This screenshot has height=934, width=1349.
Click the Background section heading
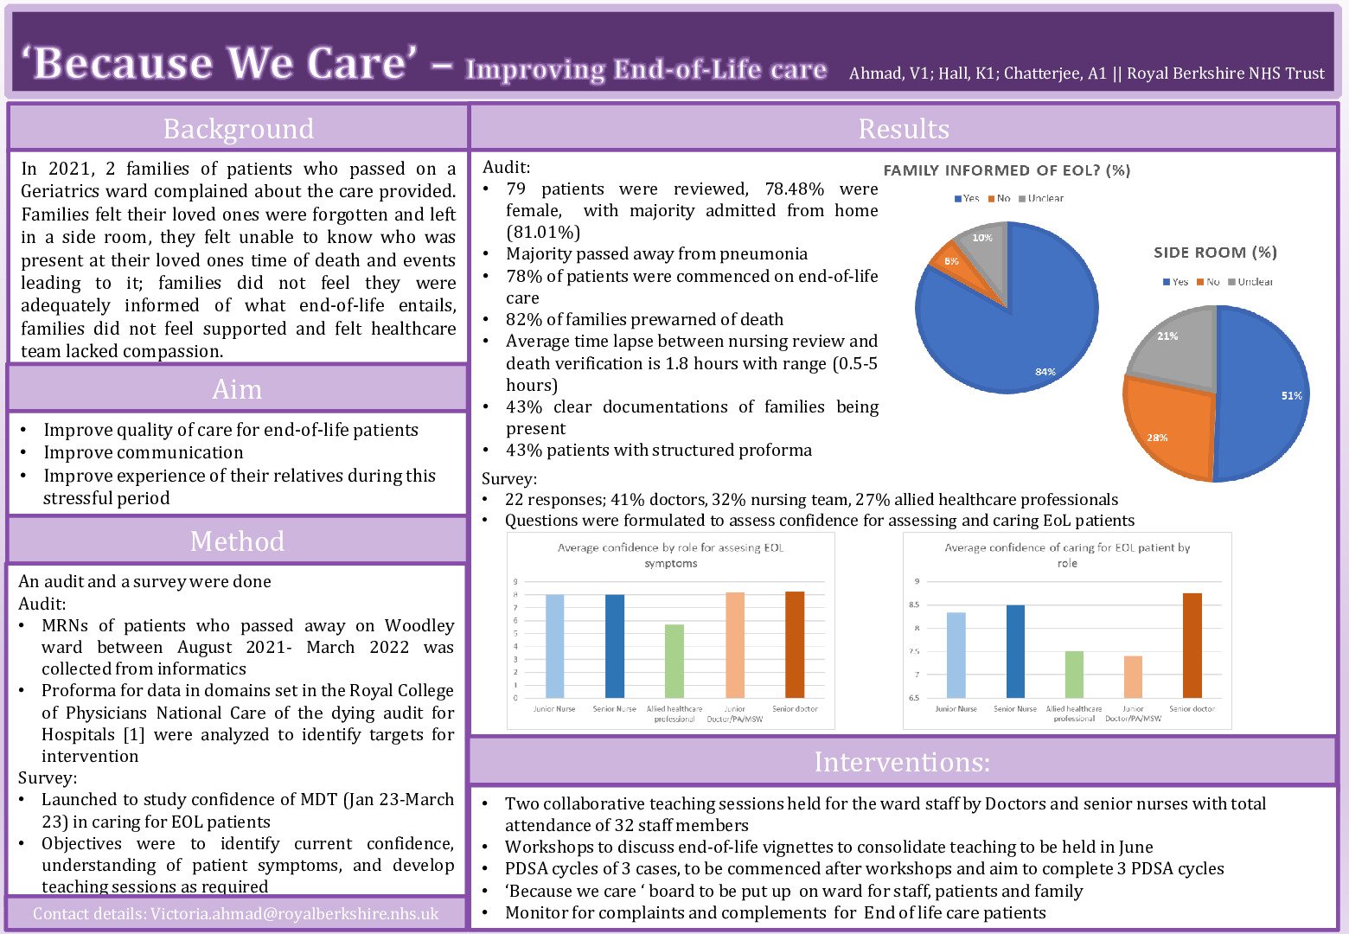pos(239,129)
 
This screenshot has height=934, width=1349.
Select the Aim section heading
pos(237,389)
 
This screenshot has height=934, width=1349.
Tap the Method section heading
pos(237,541)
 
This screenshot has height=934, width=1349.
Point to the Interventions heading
pos(902,762)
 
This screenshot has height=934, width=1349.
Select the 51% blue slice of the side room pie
pos(1263,393)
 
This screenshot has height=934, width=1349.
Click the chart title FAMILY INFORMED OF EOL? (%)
pos(1007,170)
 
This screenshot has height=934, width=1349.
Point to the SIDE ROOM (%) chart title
pos(1215,253)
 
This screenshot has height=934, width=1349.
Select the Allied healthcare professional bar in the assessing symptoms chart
pos(674,661)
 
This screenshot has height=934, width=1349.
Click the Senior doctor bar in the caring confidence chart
pos(1192,645)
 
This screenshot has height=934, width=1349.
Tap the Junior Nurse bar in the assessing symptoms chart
pos(554,646)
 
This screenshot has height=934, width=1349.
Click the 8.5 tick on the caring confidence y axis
pos(914,605)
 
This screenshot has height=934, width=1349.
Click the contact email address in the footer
pos(294,914)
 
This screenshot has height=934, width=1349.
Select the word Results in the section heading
pos(904,129)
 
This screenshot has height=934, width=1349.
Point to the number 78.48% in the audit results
pos(795,189)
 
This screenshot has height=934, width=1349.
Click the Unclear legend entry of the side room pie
pos(1255,282)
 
